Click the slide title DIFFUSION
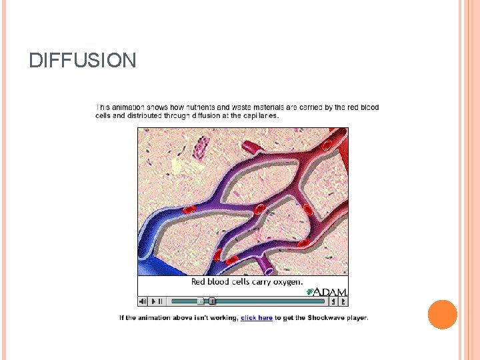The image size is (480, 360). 83,61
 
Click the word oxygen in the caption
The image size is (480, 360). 287,281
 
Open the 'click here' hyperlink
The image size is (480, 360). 257,318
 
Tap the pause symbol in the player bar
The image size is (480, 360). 160,301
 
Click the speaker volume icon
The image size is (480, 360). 143,301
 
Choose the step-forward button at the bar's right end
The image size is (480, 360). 343,301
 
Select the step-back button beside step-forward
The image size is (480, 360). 334,301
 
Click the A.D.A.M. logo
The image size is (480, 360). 327,291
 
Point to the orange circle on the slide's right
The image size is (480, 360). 443,314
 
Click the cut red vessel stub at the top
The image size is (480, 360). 249,147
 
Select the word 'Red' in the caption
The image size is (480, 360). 199,281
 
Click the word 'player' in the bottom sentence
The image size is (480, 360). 357,318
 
